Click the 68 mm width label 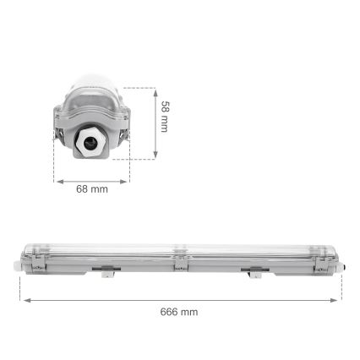[92, 189]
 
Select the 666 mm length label [180, 311]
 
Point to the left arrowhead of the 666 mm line [25, 299]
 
